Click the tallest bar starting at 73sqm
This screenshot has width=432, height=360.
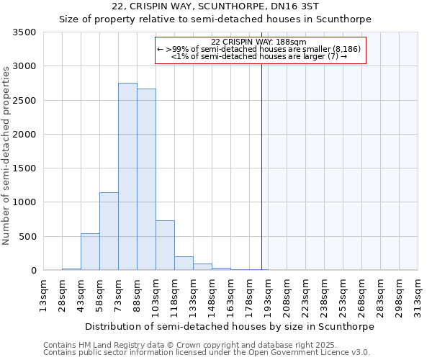(x=127, y=176)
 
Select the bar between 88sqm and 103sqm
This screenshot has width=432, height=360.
(x=146, y=179)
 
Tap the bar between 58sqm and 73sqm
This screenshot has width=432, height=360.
(x=109, y=231)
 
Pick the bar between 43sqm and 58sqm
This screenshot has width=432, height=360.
(x=90, y=252)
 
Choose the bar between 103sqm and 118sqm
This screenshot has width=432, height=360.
(x=165, y=246)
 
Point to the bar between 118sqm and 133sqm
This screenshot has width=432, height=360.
(x=184, y=264)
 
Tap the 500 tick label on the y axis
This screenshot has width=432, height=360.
(x=27, y=237)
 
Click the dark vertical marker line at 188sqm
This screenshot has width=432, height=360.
(x=261, y=166)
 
